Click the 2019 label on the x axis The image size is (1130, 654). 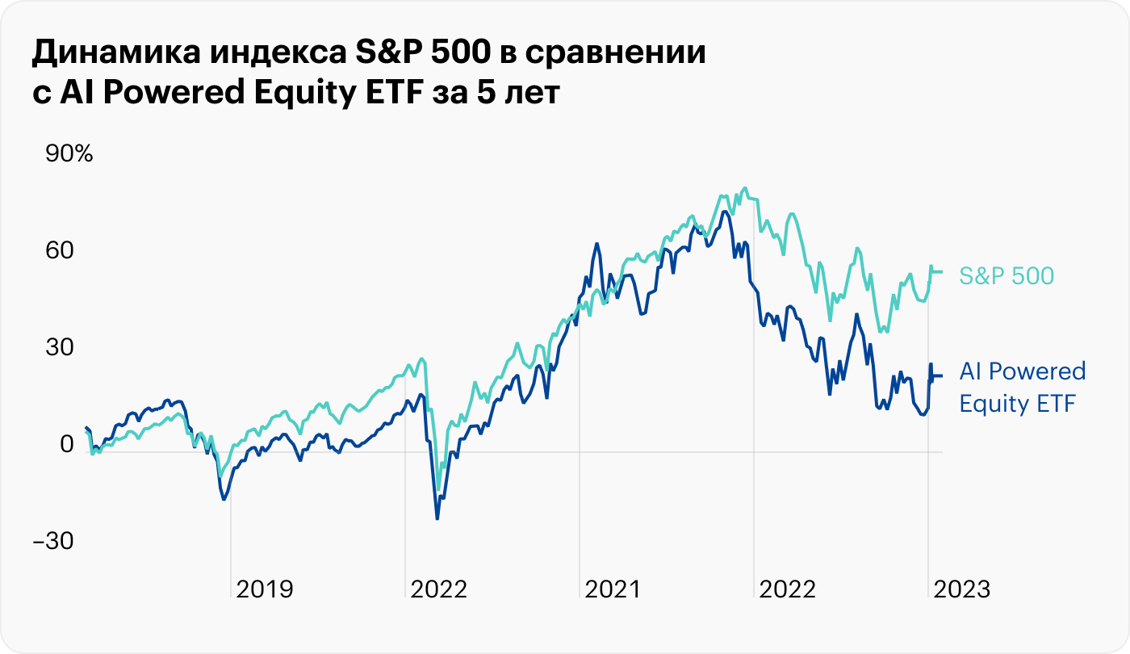[265, 589]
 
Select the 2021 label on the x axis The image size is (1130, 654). [612, 589]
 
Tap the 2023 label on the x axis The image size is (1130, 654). [961, 589]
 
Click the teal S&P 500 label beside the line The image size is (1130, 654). [1007, 276]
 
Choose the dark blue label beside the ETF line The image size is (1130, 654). [1022, 387]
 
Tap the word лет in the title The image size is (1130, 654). [528, 93]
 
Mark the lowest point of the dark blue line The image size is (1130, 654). [437, 518]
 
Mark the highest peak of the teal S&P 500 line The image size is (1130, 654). [743, 188]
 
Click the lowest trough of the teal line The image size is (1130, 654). [438, 489]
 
